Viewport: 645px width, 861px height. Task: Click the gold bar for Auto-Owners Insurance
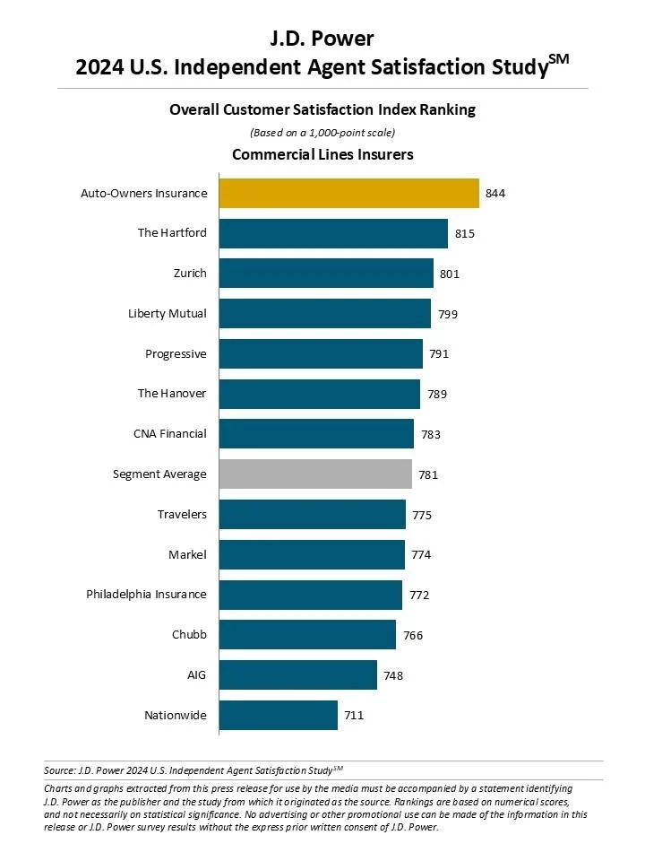[x=348, y=193]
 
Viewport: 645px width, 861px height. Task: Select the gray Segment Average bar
[x=315, y=474]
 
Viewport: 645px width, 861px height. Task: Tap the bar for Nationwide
[x=278, y=716]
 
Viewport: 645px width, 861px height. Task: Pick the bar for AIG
[x=297, y=675]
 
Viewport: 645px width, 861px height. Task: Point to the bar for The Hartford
[x=333, y=233]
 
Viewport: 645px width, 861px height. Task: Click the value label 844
[x=496, y=194]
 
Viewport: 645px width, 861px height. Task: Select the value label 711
[x=355, y=716]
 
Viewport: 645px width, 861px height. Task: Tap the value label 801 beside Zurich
[x=450, y=274]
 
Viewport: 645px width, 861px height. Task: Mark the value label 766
[x=413, y=636]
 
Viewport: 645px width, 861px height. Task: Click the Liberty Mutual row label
[x=168, y=314]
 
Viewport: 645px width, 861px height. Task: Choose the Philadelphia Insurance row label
[x=146, y=595]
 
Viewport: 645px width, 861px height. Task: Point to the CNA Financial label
[x=170, y=434]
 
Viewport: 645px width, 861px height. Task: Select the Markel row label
[x=187, y=555]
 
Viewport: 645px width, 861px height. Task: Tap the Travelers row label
[x=182, y=515]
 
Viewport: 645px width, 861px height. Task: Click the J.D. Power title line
[x=322, y=39]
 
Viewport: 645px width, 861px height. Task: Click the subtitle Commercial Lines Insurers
[x=322, y=154]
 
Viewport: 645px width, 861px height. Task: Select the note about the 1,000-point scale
[x=322, y=133]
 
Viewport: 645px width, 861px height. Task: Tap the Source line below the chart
[x=193, y=770]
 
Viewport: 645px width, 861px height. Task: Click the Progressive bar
[x=321, y=353]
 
